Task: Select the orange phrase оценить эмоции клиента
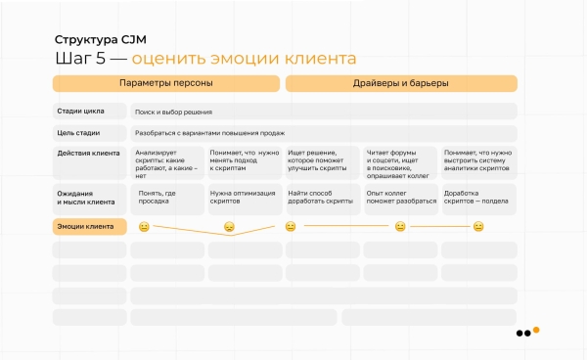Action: [244, 59]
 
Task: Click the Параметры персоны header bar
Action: [165, 83]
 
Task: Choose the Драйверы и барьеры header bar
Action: [400, 83]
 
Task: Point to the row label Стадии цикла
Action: [81, 112]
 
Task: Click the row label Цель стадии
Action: [79, 132]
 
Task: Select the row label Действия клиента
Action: [88, 154]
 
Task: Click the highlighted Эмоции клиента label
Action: [87, 227]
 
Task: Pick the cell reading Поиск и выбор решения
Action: [174, 112]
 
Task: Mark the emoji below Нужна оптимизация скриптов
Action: [229, 228]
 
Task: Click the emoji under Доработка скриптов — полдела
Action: [478, 227]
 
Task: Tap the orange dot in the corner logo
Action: [536, 330]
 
